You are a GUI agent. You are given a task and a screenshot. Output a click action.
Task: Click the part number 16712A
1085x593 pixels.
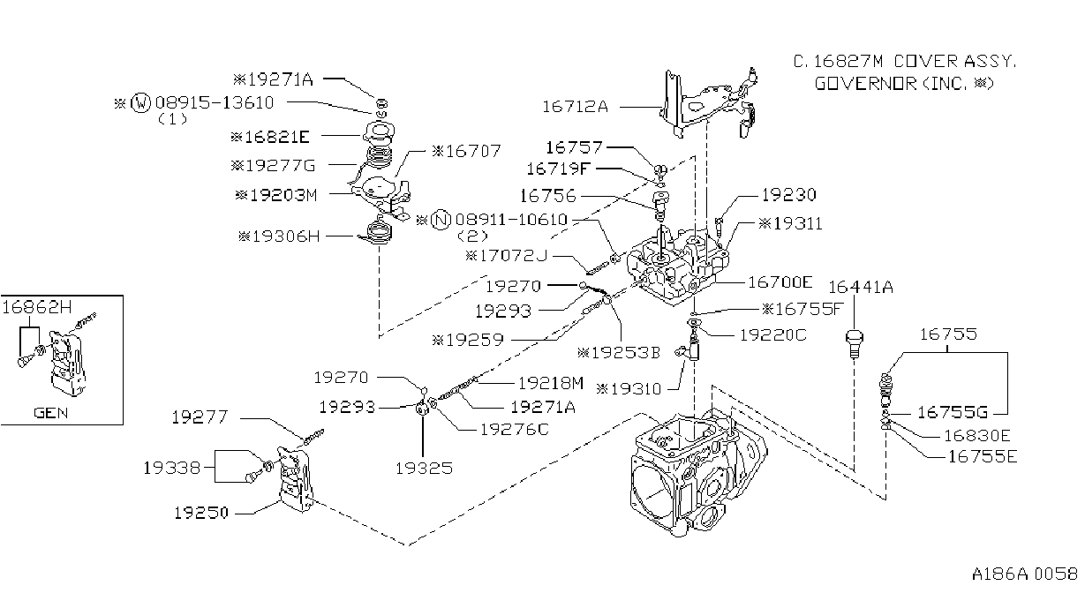[575, 107]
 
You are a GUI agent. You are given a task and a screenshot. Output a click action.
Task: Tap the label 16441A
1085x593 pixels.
[861, 287]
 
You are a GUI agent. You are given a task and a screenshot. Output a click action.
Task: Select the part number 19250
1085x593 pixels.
[201, 513]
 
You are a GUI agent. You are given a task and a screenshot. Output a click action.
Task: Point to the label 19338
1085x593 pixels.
[171, 468]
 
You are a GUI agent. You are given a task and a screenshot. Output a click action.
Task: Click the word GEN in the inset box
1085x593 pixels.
[51, 413]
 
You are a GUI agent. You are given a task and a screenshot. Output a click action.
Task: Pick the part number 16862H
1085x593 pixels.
[37, 307]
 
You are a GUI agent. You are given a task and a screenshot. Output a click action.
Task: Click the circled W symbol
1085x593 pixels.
[141, 102]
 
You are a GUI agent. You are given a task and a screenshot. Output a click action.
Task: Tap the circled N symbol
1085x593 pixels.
[441, 220]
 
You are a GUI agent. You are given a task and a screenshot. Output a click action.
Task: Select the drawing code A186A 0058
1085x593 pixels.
[1024, 574]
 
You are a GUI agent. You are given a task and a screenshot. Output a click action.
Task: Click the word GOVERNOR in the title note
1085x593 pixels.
[865, 84]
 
